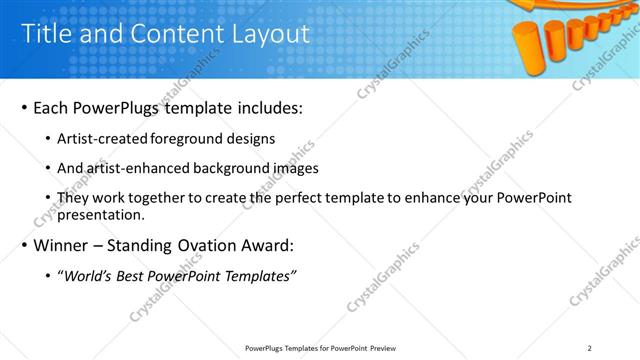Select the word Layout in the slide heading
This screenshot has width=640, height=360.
[269, 34]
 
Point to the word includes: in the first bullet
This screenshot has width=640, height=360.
[266, 107]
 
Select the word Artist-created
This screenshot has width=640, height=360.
[103, 139]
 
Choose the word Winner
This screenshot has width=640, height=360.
[66, 246]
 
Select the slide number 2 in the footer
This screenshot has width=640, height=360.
[590, 348]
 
